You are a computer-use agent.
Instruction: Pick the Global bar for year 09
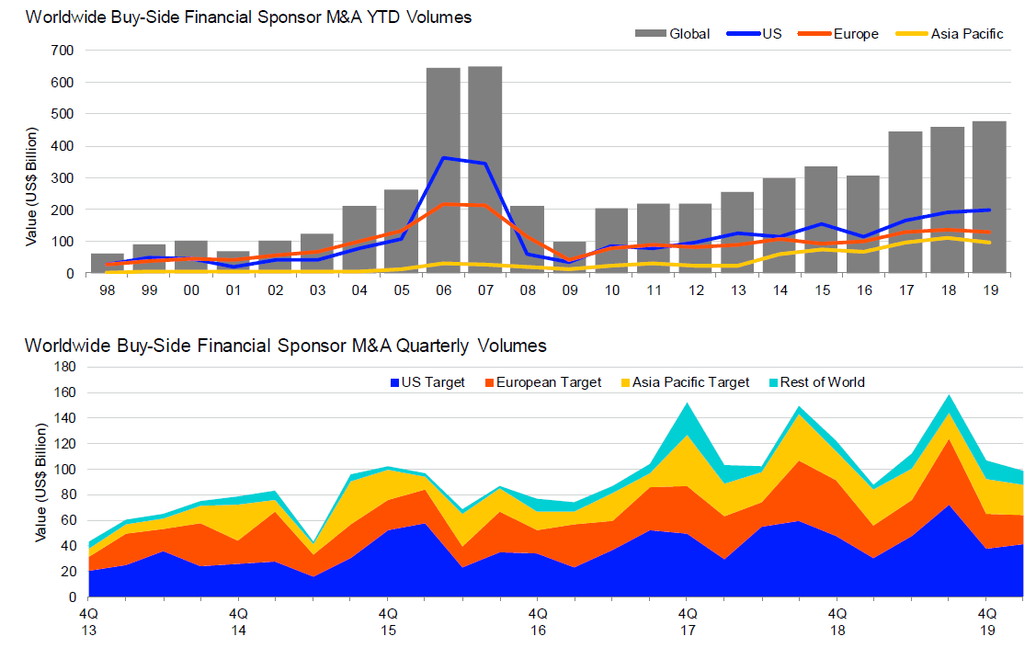point(569,257)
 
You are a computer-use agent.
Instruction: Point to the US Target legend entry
point(425,382)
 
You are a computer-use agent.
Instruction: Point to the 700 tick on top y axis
point(63,51)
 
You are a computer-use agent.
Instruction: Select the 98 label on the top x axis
point(107,289)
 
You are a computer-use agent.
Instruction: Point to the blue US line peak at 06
point(444,158)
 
